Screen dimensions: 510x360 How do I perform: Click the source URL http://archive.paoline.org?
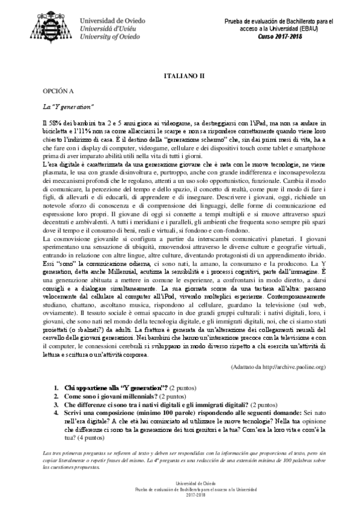click(x=279, y=366)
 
